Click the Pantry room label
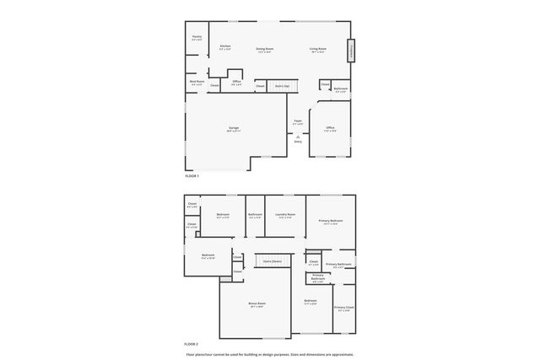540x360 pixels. (x=197, y=37)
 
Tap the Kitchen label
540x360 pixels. (x=225, y=46)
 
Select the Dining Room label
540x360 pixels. (x=265, y=49)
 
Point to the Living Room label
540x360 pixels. (x=317, y=49)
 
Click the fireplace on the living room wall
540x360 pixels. (x=353, y=50)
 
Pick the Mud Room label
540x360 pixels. (x=197, y=82)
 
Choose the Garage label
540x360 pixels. (x=234, y=127)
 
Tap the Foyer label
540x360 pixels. (x=298, y=121)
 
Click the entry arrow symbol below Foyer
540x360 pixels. (x=298, y=136)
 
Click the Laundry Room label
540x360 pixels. (x=285, y=214)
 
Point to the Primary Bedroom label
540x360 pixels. (x=331, y=220)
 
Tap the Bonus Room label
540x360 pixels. (x=257, y=303)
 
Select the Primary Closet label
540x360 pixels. (x=344, y=308)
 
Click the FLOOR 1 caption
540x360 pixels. (x=192, y=175)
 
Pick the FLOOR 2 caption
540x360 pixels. (x=192, y=344)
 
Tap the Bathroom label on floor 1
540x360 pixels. (x=341, y=89)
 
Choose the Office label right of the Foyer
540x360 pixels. (x=331, y=128)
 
